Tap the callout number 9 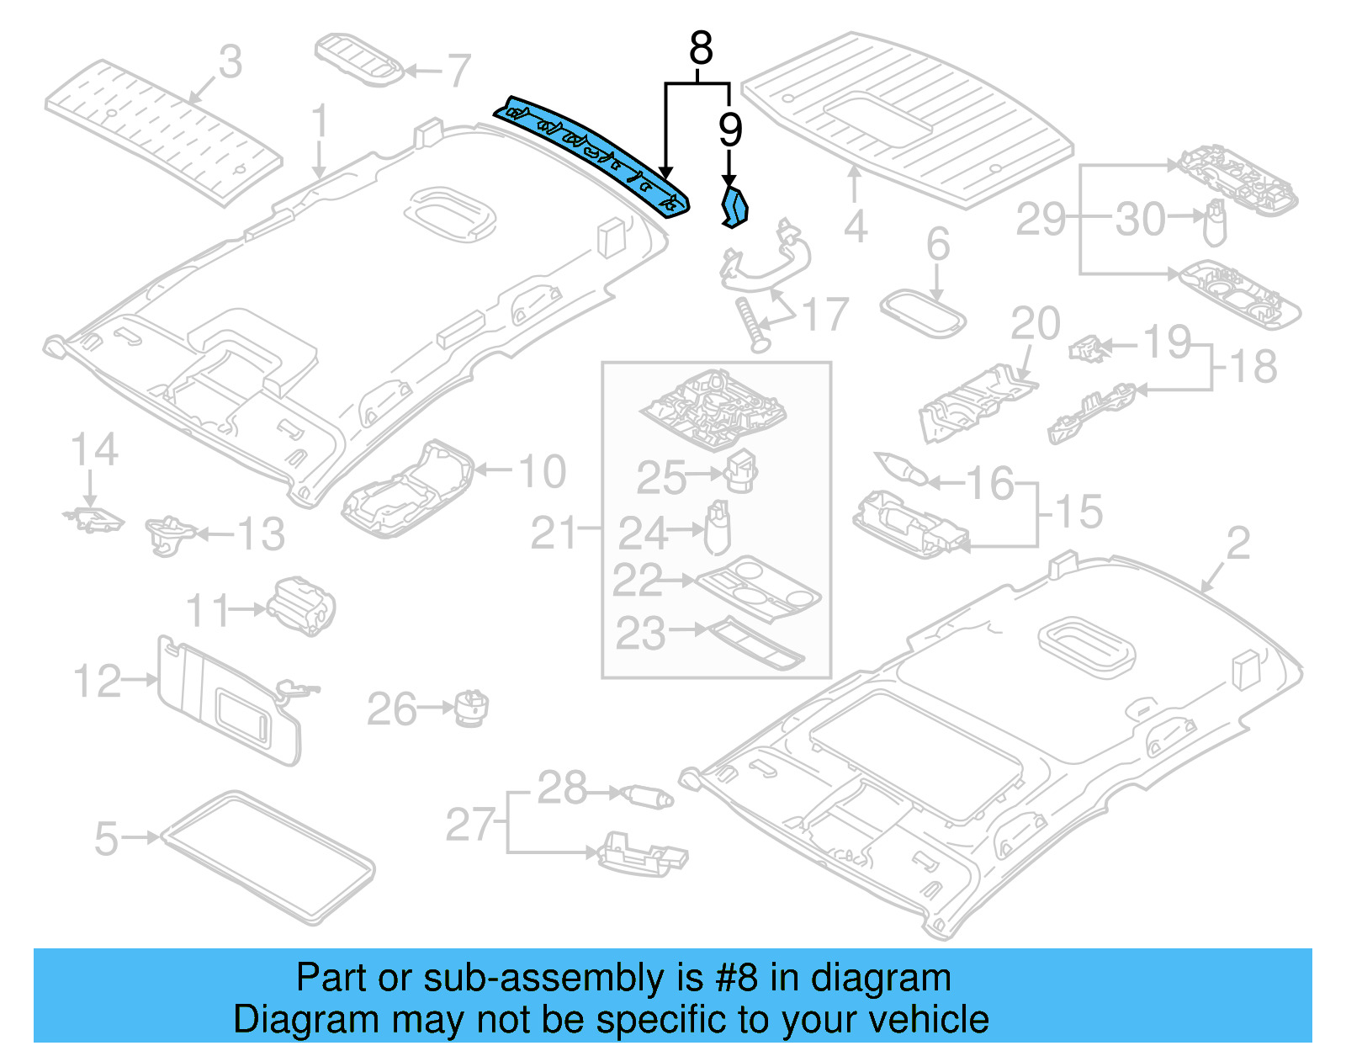coord(730,130)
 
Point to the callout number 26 coord(392,709)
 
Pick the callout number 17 coord(825,316)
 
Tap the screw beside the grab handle coord(750,325)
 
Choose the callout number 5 coord(106,838)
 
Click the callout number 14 coord(93,450)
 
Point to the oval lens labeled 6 coord(922,314)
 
